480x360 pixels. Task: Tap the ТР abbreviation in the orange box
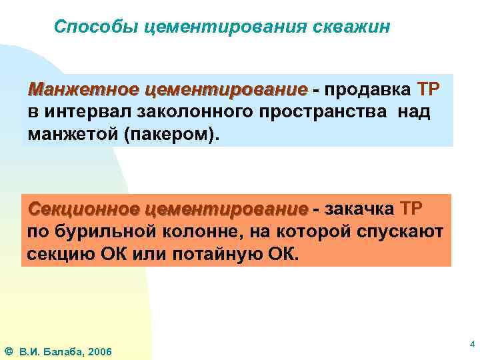tap(410, 209)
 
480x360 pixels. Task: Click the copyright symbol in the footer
tap(9, 351)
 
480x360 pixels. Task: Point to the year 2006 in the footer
tap(101, 351)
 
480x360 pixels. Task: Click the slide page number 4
tap(471, 344)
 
